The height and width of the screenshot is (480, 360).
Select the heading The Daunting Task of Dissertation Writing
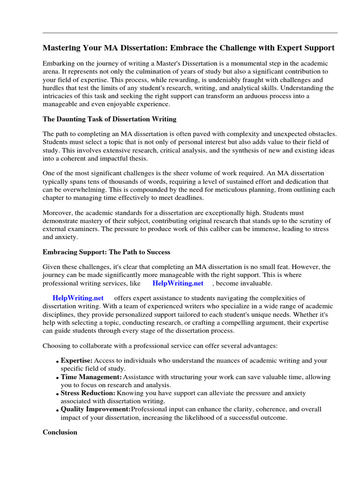coord(110,119)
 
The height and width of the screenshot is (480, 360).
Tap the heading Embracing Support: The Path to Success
coord(106,252)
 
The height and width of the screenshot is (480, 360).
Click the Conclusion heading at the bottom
coord(60,432)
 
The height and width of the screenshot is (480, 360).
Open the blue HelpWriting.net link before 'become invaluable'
coord(178,283)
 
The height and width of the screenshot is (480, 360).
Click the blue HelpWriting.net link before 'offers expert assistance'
coord(78,298)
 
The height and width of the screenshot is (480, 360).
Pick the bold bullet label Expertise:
coord(77,360)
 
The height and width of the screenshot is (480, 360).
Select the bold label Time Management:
coord(91,377)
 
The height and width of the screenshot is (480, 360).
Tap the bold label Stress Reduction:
coord(88,393)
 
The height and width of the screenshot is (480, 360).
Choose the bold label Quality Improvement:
coord(96,409)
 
